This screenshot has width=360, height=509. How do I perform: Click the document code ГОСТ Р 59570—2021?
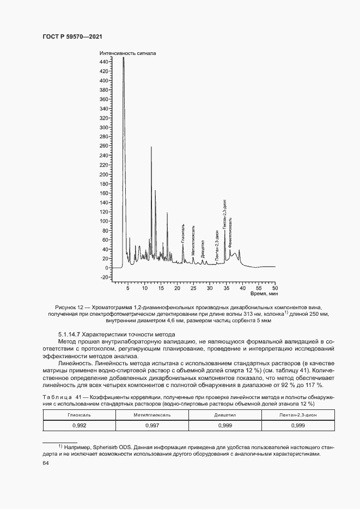pyautogui.click(x=72, y=36)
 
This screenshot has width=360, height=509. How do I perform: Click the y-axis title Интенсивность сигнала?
pyautogui.click(x=127, y=53)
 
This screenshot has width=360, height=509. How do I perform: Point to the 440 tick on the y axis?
pyautogui.click(x=104, y=62)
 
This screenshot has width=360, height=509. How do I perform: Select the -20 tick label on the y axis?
pyautogui.click(x=104, y=277)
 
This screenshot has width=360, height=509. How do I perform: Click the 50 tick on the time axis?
pyautogui.click(x=275, y=288)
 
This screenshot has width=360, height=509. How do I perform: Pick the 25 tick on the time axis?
pyautogui.click(x=193, y=288)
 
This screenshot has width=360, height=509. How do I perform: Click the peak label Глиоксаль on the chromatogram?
pyautogui.click(x=183, y=233)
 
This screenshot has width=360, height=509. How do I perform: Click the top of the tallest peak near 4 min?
pyautogui.click(x=124, y=58)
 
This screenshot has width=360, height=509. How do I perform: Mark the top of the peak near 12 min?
pyautogui.click(x=151, y=147)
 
